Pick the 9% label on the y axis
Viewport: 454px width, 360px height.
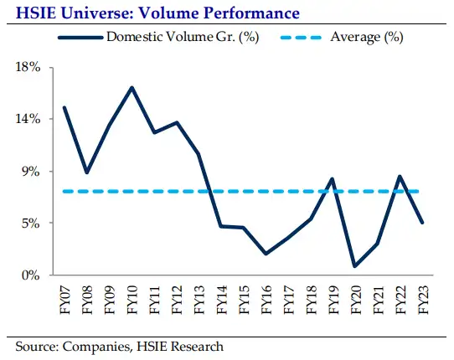click(30, 171)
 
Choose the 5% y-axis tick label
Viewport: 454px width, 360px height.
click(30, 223)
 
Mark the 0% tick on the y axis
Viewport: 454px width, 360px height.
click(30, 275)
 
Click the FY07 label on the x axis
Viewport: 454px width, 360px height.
click(64, 298)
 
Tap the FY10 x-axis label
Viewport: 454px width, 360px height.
click(132, 298)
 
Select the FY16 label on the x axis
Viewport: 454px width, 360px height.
click(266, 298)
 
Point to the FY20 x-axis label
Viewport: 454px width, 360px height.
click(355, 298)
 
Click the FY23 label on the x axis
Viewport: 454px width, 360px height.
click(422, 298)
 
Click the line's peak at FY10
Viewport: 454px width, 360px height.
click(132, 87)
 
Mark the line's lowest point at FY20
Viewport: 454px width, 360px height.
click(355, 266)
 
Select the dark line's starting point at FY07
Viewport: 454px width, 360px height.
click(64, 107)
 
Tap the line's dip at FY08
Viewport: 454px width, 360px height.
click(87, 172)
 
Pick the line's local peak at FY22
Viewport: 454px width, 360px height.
click(400, 176)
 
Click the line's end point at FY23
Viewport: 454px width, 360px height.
click(422, 223)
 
